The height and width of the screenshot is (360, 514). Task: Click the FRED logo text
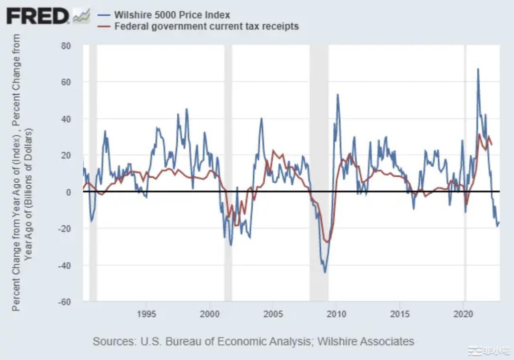(38, 16)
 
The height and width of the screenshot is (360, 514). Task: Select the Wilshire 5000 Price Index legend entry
(171, 15)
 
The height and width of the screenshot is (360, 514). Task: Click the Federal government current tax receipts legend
(207, 26)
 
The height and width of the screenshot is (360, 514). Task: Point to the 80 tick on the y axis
(66, 46)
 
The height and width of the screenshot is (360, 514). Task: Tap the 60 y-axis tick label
(66, 82)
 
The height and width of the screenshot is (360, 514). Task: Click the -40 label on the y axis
(64, 265)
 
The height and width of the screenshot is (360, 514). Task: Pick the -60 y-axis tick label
(64, 301)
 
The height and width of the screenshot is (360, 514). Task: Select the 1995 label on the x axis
(147, 314)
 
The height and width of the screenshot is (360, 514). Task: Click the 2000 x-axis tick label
(210, 314)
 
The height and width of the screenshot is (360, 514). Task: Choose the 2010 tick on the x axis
(337, 314)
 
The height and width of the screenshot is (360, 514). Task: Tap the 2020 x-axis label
(464, 314)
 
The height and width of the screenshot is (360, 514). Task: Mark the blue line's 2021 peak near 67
(478, 69)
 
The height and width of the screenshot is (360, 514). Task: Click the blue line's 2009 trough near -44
(325, 272)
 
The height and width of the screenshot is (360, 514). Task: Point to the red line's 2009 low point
(327, 241)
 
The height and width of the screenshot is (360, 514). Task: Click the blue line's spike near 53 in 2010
(337, 95)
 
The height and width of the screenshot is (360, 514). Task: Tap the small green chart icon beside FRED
(81, 16)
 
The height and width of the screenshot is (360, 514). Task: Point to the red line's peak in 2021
(479, 135)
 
